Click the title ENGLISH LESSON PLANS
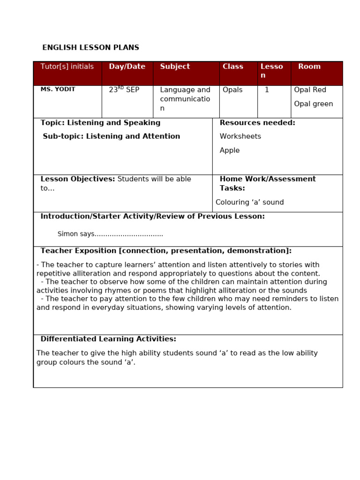90,48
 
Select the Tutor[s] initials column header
67,67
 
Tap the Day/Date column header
127,67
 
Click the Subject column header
175,67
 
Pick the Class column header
232,67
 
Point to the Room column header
309,67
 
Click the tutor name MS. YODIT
58,90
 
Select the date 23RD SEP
124,90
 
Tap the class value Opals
232,90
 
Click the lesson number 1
267,90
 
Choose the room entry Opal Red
310,90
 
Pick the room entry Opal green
313,104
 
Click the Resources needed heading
257,123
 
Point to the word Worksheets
240,136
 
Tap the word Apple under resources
229,150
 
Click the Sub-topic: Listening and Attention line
111,136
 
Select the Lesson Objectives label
78,179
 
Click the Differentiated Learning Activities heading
108,339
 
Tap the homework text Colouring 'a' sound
249,202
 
